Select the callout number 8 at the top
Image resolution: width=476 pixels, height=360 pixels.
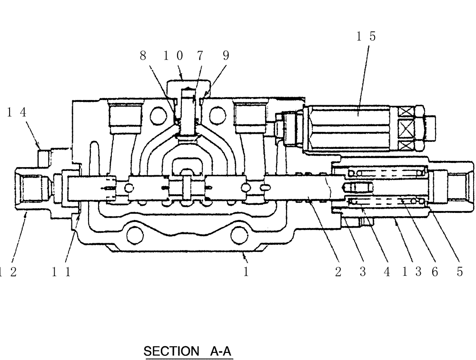click(142, 56)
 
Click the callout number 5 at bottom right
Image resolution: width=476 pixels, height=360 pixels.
click(459, 272)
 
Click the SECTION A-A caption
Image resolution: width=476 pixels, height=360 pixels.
click(188, 351)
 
